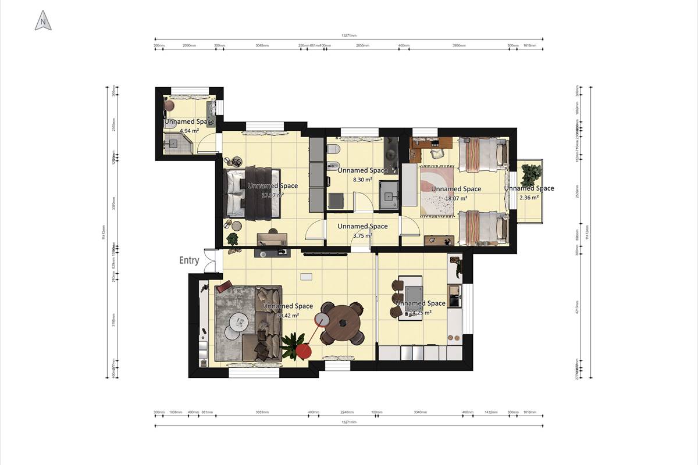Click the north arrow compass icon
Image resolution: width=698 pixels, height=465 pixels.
(43, 22)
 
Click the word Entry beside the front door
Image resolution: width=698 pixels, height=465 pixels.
(189, 261)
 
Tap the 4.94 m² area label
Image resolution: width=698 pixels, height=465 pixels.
(188, 131)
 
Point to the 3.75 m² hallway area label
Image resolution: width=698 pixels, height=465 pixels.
(362, 236)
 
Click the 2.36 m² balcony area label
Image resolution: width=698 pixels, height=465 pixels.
(529, 198)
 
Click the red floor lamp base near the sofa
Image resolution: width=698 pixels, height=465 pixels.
(303, 351)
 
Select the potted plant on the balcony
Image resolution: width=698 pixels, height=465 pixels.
(530, 174)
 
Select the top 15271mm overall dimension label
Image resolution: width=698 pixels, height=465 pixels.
(349, 35)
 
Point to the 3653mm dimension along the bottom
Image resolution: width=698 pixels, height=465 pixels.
(262, 413)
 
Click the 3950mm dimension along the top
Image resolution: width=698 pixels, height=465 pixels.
(459, 45)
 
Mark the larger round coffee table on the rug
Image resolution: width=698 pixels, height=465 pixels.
(238, 320)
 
